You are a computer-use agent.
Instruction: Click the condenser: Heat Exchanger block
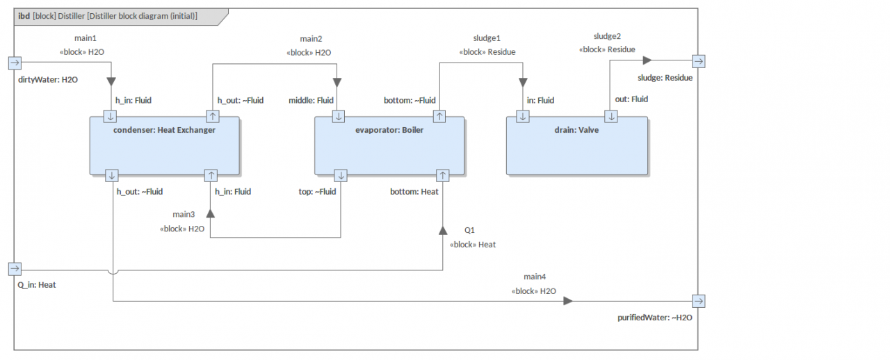tap(165, 146)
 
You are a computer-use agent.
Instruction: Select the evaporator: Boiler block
tap(389, 146)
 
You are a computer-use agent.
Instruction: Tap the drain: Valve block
tap(577, 146)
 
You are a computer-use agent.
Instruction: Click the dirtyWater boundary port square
tap(15, 63)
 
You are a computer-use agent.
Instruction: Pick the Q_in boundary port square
tap(15, 269)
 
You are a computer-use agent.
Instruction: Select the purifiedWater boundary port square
tap(699, 301)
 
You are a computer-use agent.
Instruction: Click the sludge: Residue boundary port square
tap(699, 62)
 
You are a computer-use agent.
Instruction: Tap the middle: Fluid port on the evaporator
tap(339, 117)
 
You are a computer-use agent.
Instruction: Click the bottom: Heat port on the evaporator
tap(443, 175)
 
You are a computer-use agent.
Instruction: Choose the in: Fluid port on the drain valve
tap(522, 117)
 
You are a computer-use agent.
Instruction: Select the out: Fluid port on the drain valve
tap(611, 117)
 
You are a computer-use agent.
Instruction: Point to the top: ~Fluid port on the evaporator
tap(341, 175)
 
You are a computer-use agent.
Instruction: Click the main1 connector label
tap(86, 38)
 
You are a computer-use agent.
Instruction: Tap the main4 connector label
tap(535, 277)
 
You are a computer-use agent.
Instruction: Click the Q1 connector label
tap(469, 230)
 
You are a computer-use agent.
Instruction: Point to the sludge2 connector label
tap(607, 36)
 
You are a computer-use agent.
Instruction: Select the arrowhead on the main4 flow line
tap(568, 301)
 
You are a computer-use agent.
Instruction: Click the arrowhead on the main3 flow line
tap(211, 213)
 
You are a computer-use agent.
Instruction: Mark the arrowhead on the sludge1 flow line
tap(523, 82)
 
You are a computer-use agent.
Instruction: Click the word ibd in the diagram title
tap(24, 16)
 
